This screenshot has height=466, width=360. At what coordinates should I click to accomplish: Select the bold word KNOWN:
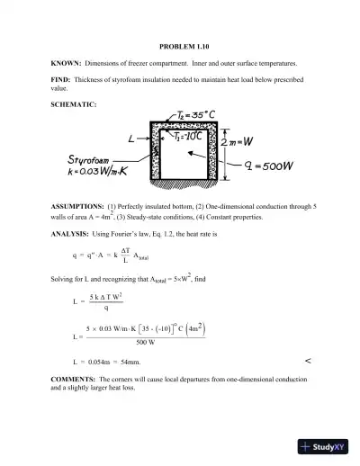[x=66, y=63]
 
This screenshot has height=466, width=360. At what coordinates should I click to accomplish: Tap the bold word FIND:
[x=63, y=80]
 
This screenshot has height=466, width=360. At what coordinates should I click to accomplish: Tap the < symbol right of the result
[x=308, y=360]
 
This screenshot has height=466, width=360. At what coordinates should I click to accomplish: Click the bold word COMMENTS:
[x=75, y=381]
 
